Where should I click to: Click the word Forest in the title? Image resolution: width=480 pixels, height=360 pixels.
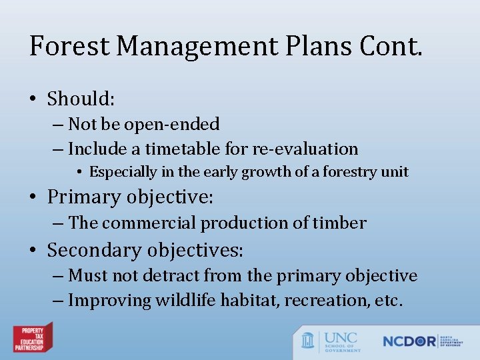68,46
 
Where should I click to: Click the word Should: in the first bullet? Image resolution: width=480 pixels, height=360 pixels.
81,99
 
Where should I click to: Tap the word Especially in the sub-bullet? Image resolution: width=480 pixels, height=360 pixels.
123,172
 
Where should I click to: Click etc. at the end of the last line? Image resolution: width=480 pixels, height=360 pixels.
389,300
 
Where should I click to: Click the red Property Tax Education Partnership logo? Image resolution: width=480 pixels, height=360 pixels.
33,337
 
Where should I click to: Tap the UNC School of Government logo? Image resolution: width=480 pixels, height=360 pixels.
331,341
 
